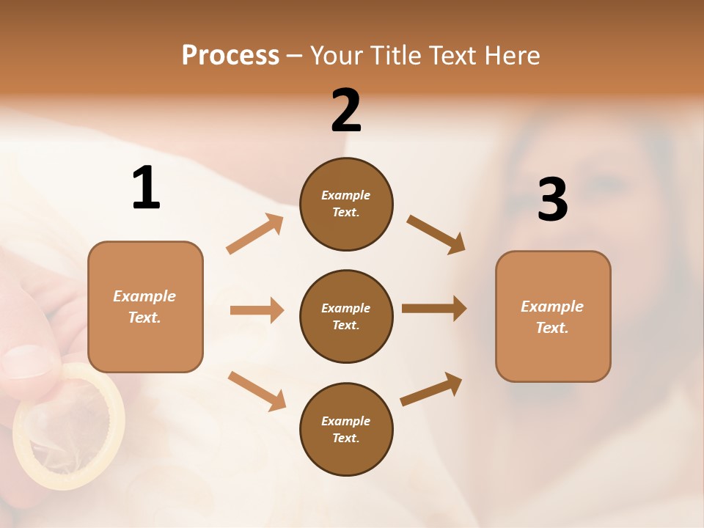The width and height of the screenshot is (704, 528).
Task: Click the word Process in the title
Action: [230, 56]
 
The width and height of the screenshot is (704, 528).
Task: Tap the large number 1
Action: [146, 188]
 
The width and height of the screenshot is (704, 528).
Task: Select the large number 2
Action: [346, 111]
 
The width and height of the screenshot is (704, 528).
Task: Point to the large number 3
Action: [552, 199]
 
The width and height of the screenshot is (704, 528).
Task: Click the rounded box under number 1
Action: [145, 307]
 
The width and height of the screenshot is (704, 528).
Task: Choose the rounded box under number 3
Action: [553, 317]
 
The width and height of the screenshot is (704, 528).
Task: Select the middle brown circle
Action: [346, 316]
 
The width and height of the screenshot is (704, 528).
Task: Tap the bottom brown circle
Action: [346, 429]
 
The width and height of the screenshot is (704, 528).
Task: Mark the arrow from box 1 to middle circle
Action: [257, 310]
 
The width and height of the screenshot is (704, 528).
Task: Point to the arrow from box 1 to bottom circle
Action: [257, 391]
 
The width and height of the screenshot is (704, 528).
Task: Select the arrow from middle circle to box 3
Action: [434, 309]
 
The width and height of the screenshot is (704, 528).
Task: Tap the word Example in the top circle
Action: [346, 195]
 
